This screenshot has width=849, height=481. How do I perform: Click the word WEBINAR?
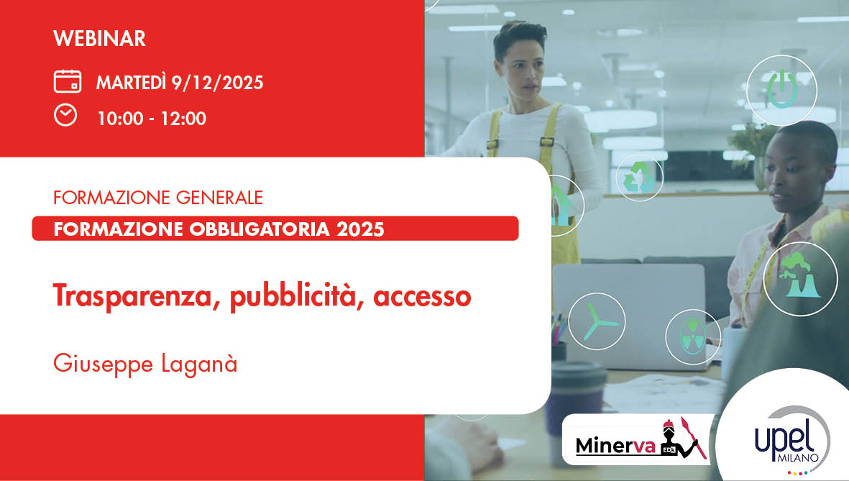99,38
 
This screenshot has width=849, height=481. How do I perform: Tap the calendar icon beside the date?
68,81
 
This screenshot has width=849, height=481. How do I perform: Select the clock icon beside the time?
65,115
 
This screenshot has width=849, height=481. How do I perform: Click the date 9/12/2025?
217,83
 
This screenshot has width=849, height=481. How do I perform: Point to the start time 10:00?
120,119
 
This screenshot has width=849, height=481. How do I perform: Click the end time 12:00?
183,119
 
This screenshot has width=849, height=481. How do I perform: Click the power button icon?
781,90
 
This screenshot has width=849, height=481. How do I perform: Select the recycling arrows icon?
638,176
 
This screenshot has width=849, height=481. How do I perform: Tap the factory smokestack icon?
799,278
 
